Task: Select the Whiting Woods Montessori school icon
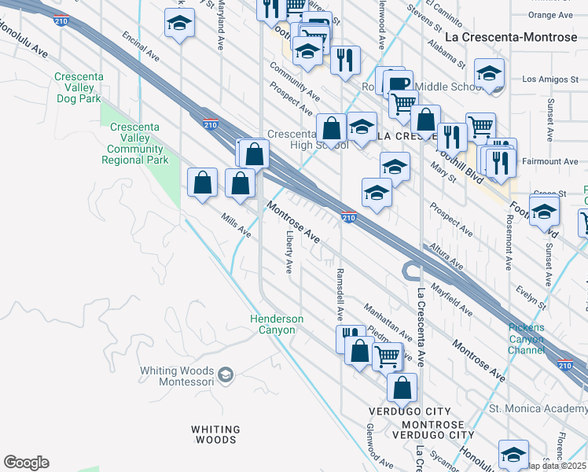(226, 373)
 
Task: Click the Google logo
(26, 463)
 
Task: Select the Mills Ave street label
(236, 228)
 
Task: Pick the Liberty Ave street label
(289, 252)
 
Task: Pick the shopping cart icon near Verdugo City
(387, 356)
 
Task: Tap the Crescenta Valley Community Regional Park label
(135, 144)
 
